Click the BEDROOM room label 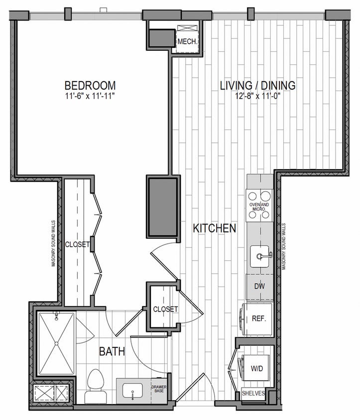tap(90, 85)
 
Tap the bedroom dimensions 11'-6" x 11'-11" tap(90, 96)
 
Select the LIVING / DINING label tap(257, 86)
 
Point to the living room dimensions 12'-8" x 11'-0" tap(257, 97)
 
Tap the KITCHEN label tap(214, 228)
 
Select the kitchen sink tap(259, 256)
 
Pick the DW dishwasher tap(259, 286)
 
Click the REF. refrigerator tap(258, 319)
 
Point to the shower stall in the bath tap(56, 344)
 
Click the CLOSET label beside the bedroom tap(77, 244)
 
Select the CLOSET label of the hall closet tap(165, 309)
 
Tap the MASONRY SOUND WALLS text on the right tap(284, 246)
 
